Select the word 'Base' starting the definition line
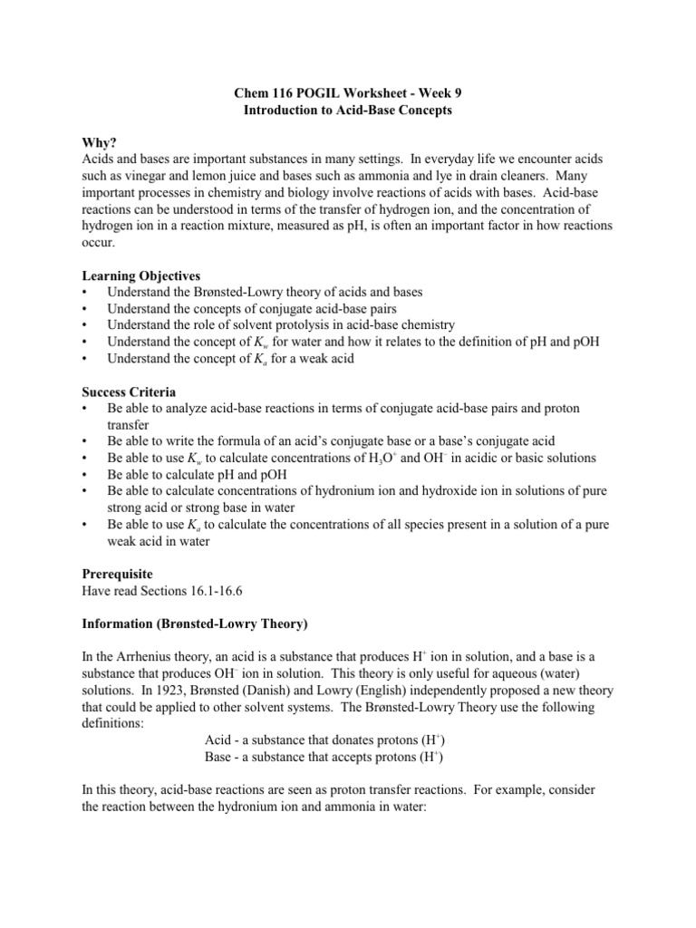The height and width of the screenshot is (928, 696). (x=220, y=755)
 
